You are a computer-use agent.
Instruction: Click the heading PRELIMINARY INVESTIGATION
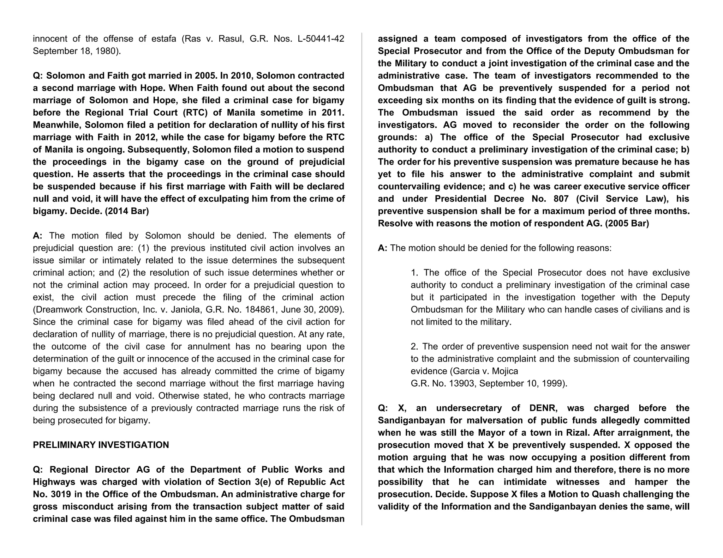point(101,445)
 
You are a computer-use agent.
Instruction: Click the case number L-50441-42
point(321,39)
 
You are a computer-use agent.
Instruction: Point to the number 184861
point(261,310)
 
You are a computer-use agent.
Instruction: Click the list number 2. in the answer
point(414,347)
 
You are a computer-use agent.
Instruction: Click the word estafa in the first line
point(164,39)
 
